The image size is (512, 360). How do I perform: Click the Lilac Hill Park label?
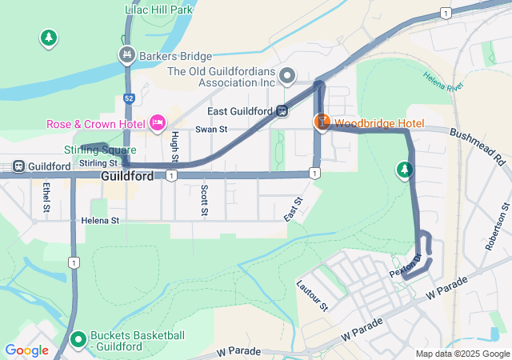coord(160,10)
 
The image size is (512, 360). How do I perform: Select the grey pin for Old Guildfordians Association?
coord(288,76)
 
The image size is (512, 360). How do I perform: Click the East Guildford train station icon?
coord(282,111)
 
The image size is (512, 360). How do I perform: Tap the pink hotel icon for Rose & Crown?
coord(158,123)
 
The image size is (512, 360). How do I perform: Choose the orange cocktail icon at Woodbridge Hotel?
coord(321,122)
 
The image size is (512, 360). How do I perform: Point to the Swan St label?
coord(211,129)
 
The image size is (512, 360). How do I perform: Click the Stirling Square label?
coord(100,150)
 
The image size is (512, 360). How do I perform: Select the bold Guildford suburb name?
coord(127,176)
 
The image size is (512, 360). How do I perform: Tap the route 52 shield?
coord(128,98)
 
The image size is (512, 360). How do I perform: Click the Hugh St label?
coord(174,147)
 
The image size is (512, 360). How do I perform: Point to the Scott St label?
coord(205,200)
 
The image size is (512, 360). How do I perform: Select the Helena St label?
coord(100,220)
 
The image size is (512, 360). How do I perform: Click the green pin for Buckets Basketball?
coord(78,340)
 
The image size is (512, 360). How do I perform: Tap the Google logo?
coord(26,350)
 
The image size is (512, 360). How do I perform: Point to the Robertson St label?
coord(494,226)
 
